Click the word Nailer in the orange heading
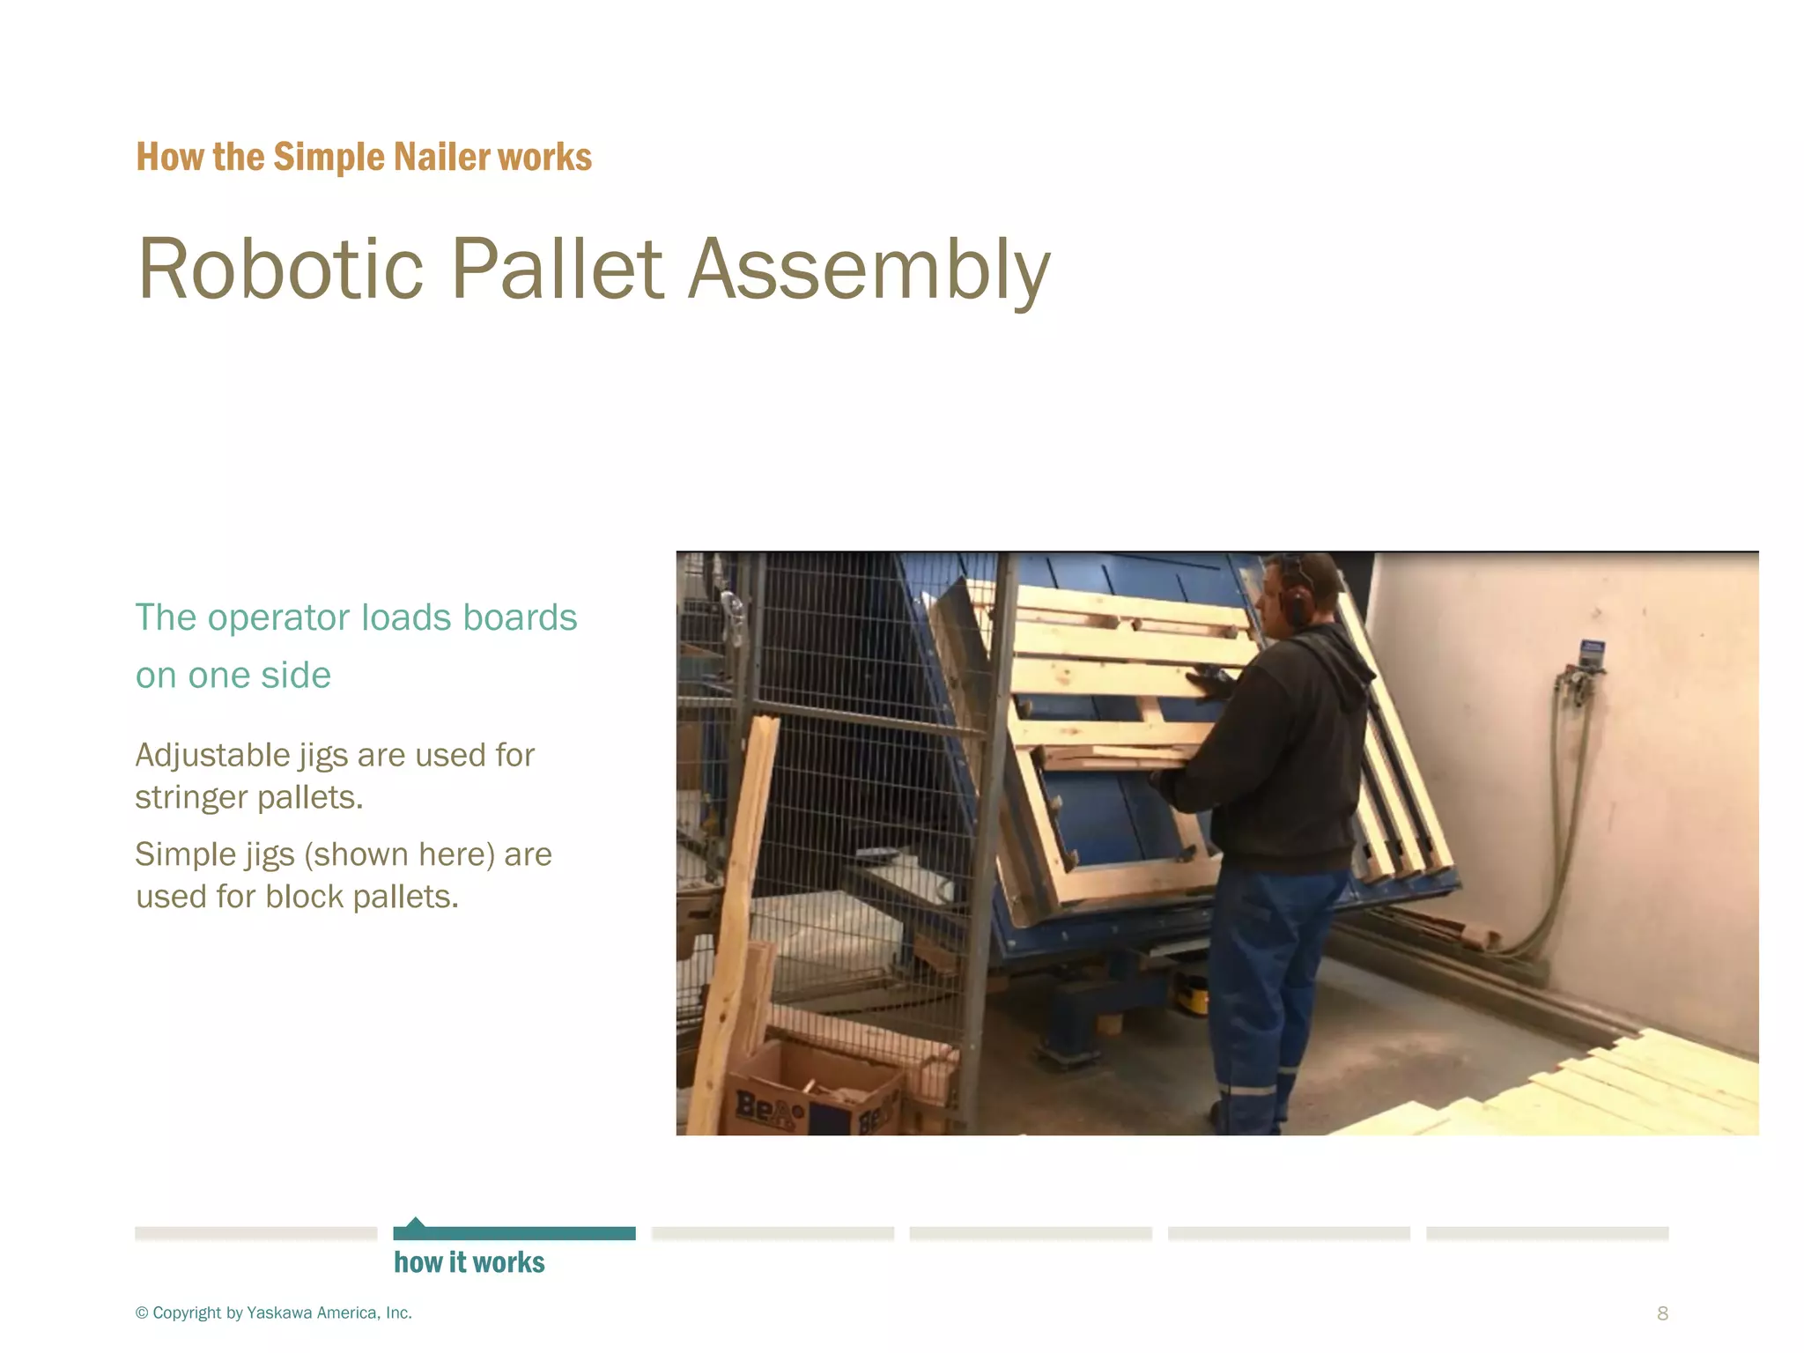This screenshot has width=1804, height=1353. [x=442, y=157]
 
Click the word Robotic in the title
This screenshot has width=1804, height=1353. [x=280, y=270]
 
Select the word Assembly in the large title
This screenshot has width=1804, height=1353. [x=869, y=270]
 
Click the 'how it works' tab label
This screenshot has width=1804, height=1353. [x=469, y=1262]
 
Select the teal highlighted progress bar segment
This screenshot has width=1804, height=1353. [x=514, y=1233]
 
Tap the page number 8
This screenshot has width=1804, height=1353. [x=1662, y=1313]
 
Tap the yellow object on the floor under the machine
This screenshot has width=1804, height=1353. [x=1194, y=997]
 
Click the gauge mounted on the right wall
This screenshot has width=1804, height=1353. [x=1591, y=654]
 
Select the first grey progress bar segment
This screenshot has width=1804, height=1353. [x=255, y=1233]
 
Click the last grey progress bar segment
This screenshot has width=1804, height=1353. [x=1547, y=1233]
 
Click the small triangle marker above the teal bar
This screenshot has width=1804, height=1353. [x=416, y=1222]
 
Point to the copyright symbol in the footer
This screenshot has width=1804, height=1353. [x=142, y=1313]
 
